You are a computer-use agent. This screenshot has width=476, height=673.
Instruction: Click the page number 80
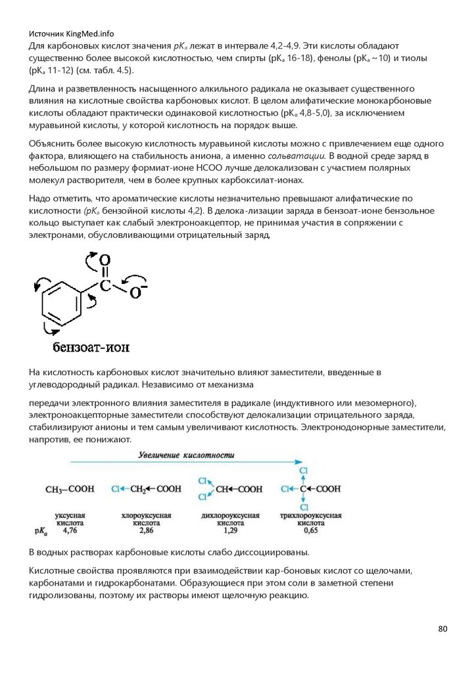[442, 629]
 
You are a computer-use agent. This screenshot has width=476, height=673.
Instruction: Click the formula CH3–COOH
[69, 489]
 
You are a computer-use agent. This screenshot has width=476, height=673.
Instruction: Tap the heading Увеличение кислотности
[186, 455]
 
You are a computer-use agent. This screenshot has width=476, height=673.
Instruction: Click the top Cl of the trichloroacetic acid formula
[303, 471]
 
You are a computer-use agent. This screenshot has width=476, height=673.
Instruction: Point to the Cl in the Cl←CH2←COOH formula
[116, 489]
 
